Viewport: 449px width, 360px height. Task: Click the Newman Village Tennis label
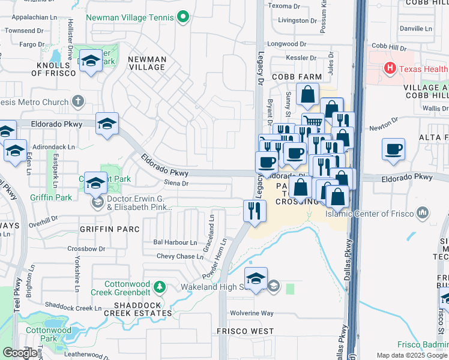(130, 18)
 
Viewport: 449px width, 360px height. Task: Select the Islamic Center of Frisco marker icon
(423, 212)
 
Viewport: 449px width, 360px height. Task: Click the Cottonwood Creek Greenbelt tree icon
(159, 287)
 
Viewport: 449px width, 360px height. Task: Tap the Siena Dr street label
(176, 184)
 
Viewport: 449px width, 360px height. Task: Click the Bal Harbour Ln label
(175, 242)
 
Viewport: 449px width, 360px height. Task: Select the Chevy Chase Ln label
(179, 256)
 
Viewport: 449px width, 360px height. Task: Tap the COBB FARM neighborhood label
(297, 77)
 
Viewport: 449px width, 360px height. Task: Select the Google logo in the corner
(20, 353)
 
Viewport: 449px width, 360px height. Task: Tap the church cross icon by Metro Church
(78, 101)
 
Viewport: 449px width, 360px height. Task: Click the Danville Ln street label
(420, 28)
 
